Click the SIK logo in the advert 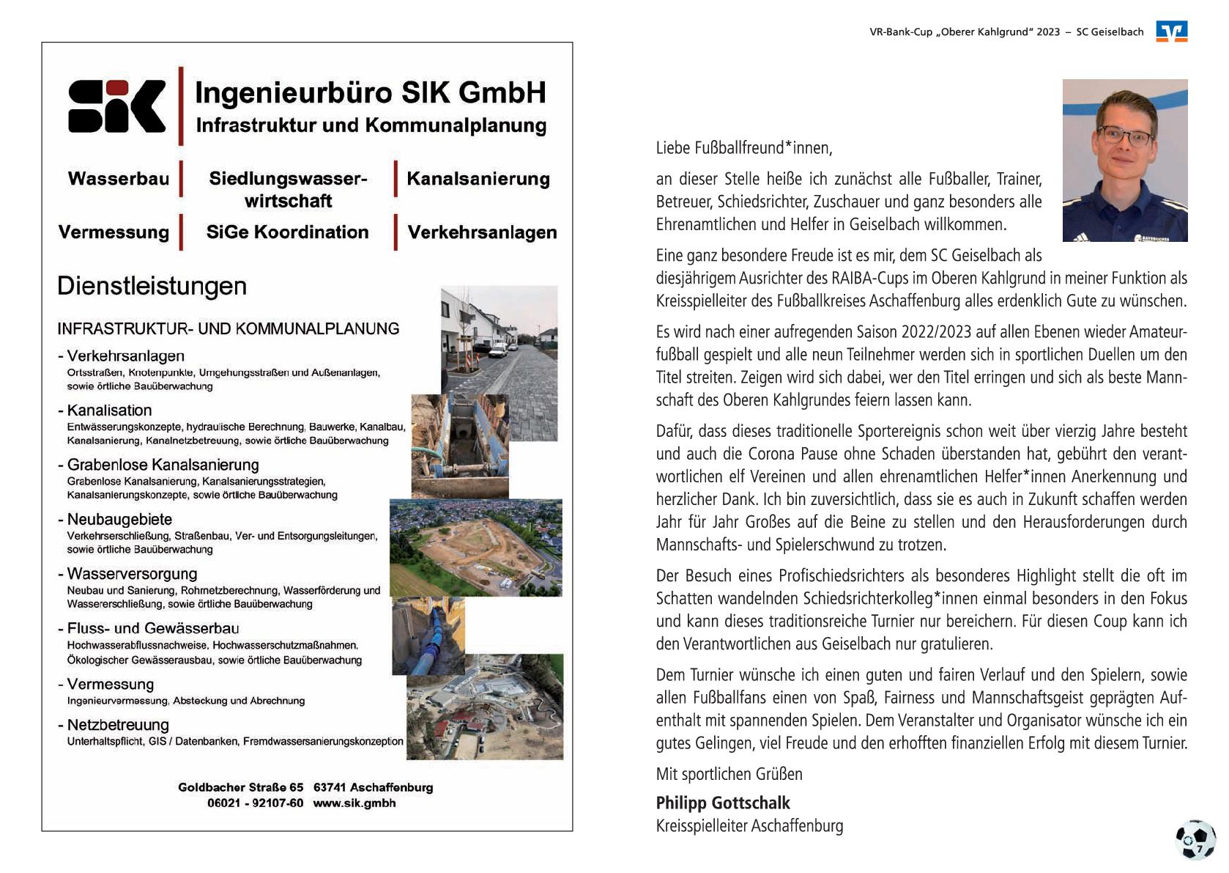tap(116, 107)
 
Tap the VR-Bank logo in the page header tap(1171, 32)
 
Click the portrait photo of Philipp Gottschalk tap(1124, 160)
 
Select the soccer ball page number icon tap(1195, 839)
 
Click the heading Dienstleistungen tap(152, 286)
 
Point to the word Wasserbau tap(119, 179)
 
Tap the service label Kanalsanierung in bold tap(478, 179)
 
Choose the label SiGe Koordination tap(287, 232)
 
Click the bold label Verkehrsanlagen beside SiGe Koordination tap(482, 232)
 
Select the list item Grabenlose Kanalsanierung tap(163, 465)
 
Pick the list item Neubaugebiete tap(119, 519)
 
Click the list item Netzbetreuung tap(118, 725)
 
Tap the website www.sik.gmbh tap(354, 803)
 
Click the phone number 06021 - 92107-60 tap(255, 803)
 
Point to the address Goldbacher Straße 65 tap(240, 787)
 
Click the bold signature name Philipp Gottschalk tap(723, 803)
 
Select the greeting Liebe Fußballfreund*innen tap(744, 148)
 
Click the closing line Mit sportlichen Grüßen tap(729, 774)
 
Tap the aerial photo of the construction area tap(476, 548)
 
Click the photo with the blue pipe tap(428, 635)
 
